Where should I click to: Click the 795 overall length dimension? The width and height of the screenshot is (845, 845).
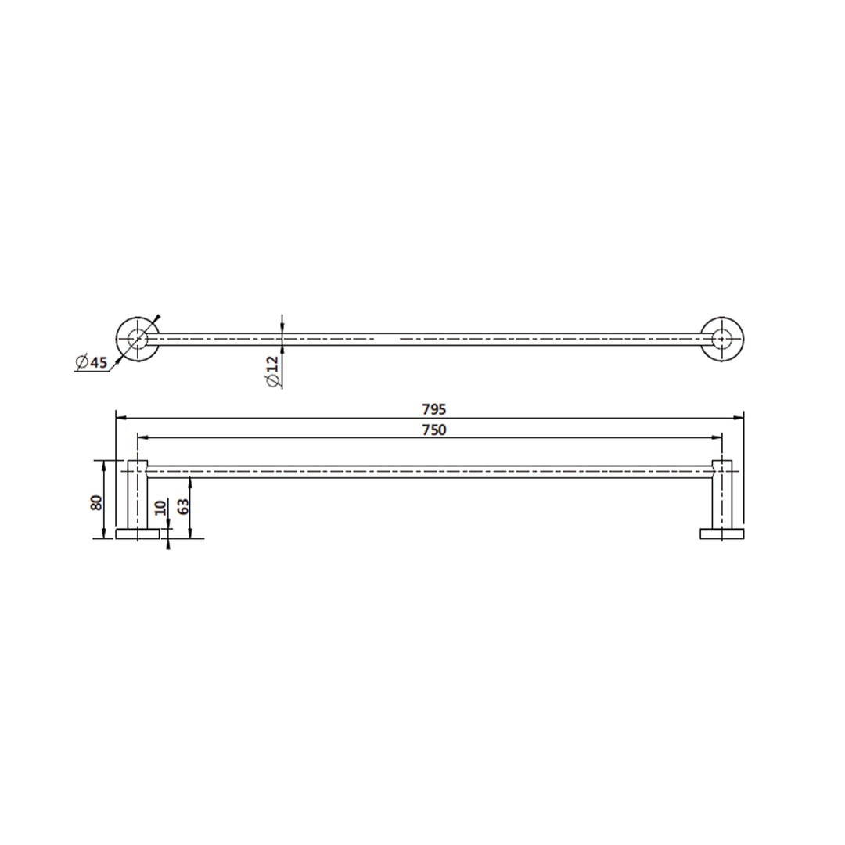(433, 408)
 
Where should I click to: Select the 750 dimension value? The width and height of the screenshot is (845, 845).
(433, 430)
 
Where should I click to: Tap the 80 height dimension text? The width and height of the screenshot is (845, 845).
(97, 502)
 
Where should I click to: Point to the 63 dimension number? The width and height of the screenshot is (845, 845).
(184, 506)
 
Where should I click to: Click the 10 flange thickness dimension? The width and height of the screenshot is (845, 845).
(161, 508)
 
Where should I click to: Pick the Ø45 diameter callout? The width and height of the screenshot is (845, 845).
(91, 362)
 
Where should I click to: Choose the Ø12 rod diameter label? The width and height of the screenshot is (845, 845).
(272, 371)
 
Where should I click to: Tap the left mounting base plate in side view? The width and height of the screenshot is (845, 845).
(137, 534)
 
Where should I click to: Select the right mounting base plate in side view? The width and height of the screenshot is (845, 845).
(721, 534)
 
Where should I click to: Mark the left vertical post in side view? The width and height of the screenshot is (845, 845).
(138, 497)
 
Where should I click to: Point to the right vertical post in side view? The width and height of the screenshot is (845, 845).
(721, 497)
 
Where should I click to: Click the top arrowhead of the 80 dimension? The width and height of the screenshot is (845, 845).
(104, 464)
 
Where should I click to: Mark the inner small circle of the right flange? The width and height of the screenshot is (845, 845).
(721, 339)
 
